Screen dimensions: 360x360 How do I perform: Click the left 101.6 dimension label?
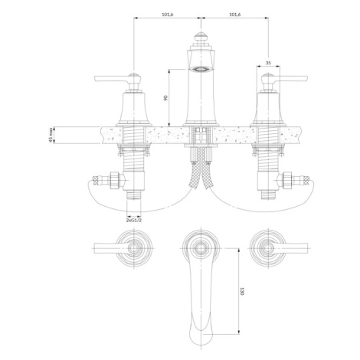tap(168, 15)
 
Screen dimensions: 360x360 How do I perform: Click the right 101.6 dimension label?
tap(235, 15)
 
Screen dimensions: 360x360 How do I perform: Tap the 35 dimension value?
tap(268, 63)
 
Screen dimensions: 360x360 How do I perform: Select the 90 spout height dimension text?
tap(165, 97)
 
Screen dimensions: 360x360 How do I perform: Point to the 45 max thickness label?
tap(51, 135)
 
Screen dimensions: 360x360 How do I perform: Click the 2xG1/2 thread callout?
tap(134, 220)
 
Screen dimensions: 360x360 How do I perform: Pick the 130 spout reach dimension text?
tap(242, 291)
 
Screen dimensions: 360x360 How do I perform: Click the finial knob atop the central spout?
tap(201, 37)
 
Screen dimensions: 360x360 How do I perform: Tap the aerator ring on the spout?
tap(201, 69)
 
